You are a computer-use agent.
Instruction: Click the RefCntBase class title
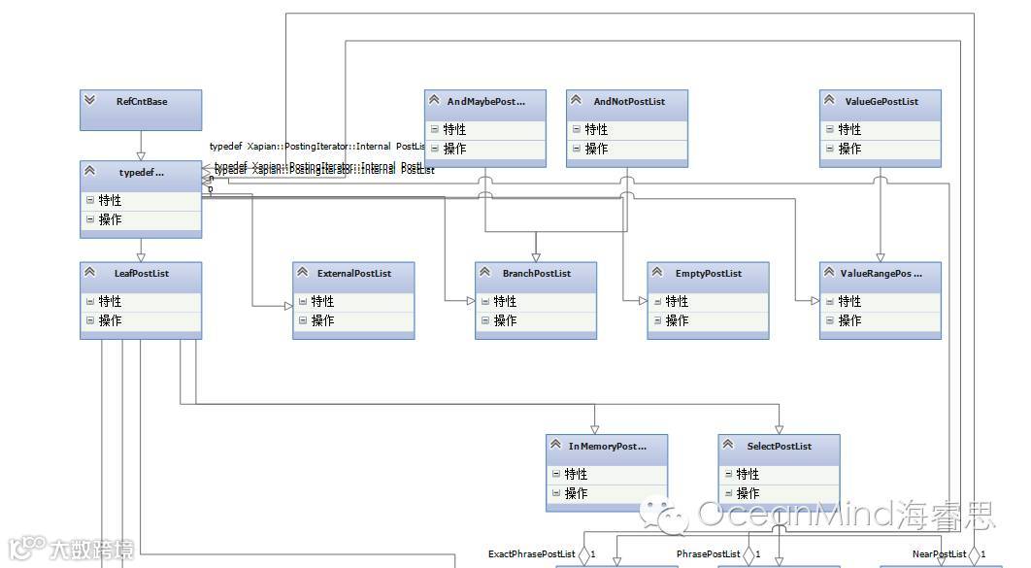pos(142,101)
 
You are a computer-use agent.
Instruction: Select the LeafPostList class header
pos(142,274)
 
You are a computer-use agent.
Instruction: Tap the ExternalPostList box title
pos(354,274)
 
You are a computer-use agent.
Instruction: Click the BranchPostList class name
pos(537,274)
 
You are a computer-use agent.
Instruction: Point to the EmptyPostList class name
pos(709,274)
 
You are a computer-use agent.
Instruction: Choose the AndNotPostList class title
pos(629,101)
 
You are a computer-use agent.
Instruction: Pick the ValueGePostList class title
pos(881,101)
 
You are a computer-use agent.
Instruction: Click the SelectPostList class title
pos(780,447)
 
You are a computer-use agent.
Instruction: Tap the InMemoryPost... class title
pos(608,447)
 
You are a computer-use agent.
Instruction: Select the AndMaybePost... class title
pos(485,101)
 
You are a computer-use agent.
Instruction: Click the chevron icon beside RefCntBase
pos(90,100)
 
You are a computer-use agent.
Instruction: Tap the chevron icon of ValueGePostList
pos(830,100)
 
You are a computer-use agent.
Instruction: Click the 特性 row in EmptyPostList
pos(678,301)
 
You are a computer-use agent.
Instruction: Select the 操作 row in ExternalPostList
pos(322,320)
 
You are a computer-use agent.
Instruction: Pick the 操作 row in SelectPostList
pos(748,493)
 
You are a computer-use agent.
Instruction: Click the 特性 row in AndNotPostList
pos(595,129)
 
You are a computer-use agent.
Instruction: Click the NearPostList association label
pos(939,554)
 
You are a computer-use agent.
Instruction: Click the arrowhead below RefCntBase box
pos(141,154)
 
